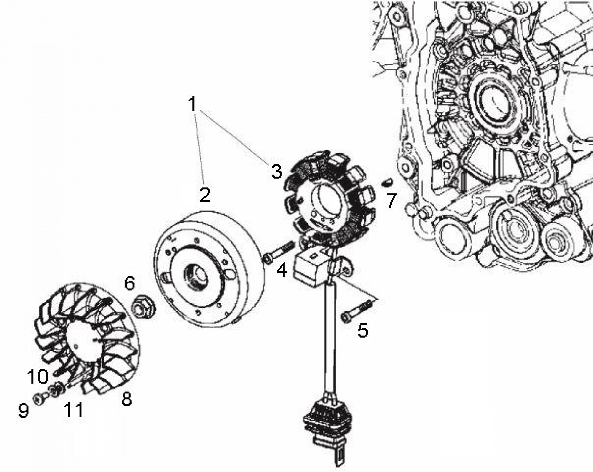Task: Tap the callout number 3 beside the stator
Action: (x=276, y=171)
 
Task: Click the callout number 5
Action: (x=363, y=330)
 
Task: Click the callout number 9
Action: (x=23, y=411)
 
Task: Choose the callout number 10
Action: (x=38, y=376)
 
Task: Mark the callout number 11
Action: (x=73, y=410)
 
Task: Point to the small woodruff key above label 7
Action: (x=387, y=182)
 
